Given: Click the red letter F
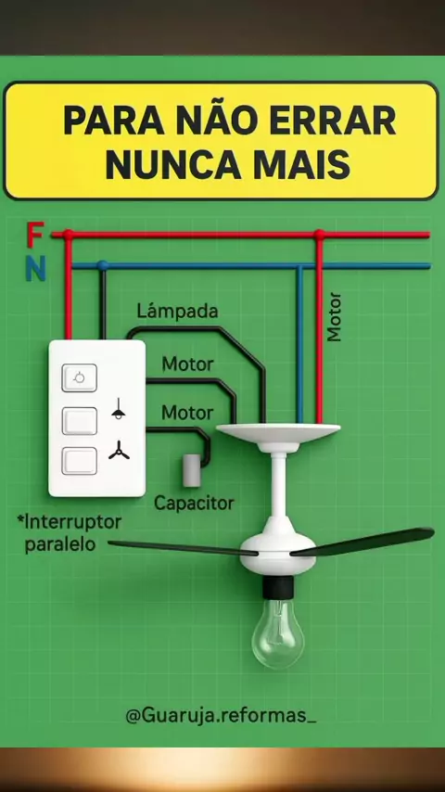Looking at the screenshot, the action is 35,235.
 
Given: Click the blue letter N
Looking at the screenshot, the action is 36,268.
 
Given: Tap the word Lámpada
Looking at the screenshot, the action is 177,312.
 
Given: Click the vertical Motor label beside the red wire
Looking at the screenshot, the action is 335,317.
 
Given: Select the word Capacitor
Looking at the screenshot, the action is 194,503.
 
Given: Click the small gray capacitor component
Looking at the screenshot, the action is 192,470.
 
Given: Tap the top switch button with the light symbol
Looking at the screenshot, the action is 80,377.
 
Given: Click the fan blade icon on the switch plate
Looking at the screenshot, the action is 119,450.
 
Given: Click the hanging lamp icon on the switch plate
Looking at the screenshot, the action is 118,409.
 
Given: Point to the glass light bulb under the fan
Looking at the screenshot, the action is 278,632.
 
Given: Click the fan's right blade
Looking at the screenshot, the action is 362,542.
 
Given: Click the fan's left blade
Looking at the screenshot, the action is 183,548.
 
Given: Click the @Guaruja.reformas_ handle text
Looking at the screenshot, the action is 221,716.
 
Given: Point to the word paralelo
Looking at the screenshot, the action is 60,544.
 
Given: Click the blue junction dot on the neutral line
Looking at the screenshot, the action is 103,265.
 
